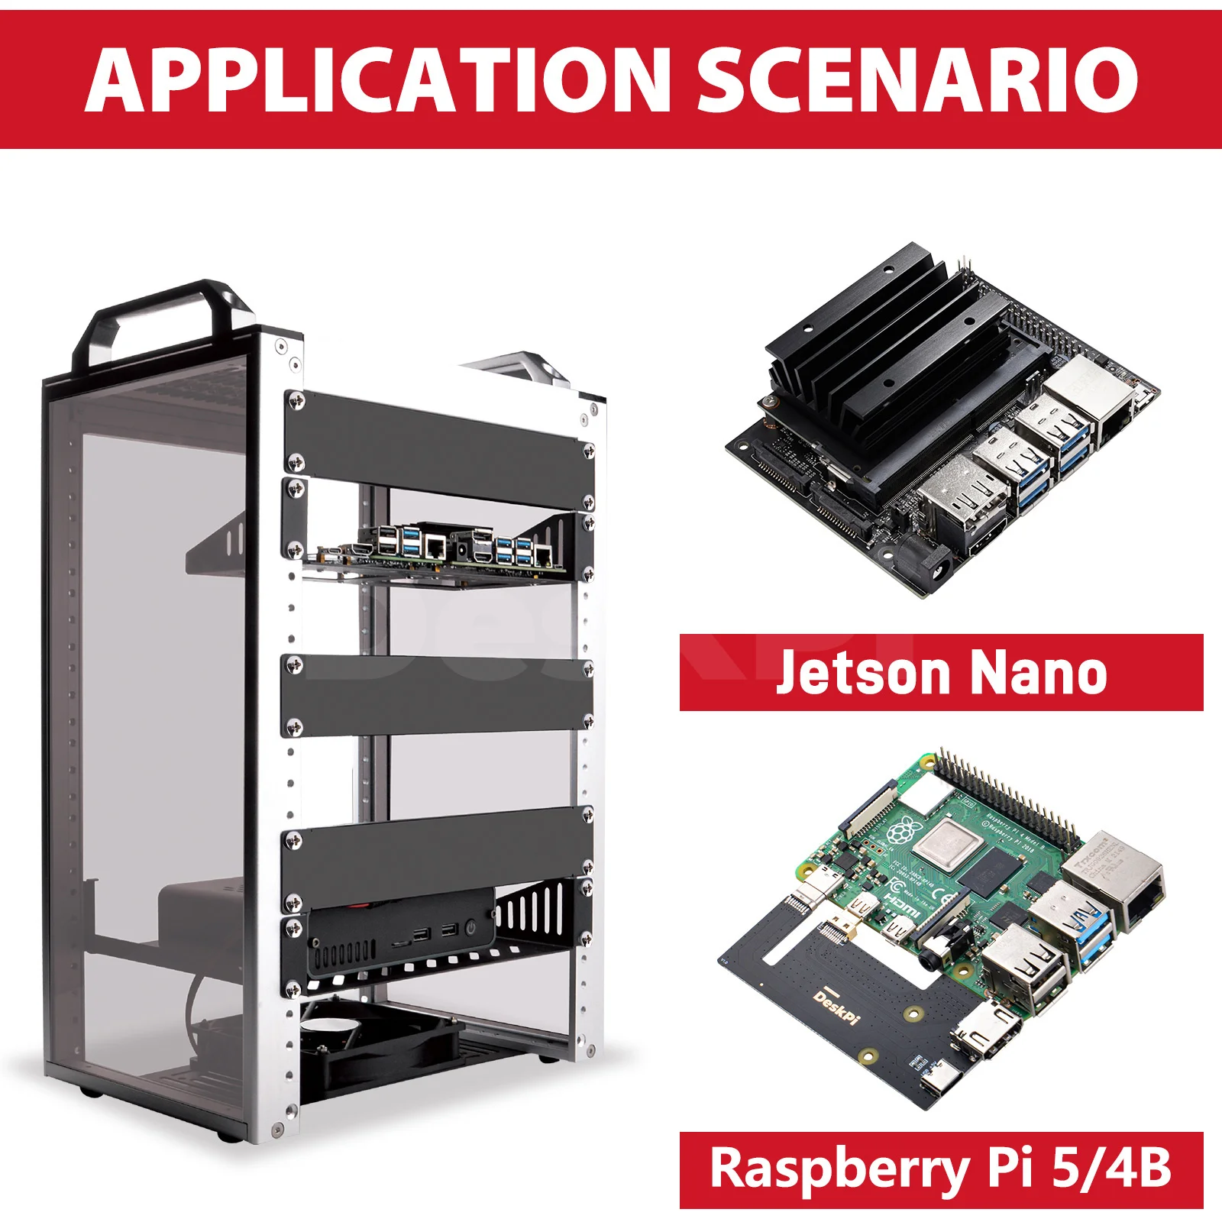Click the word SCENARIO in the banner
click(x=916, y=80)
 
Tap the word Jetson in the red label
click(x=862, y=672)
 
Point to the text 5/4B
click(x=1111, y=1169)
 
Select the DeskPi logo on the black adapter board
click(x=836, y=1007)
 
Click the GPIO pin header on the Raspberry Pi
click(x=1008, y=798)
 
